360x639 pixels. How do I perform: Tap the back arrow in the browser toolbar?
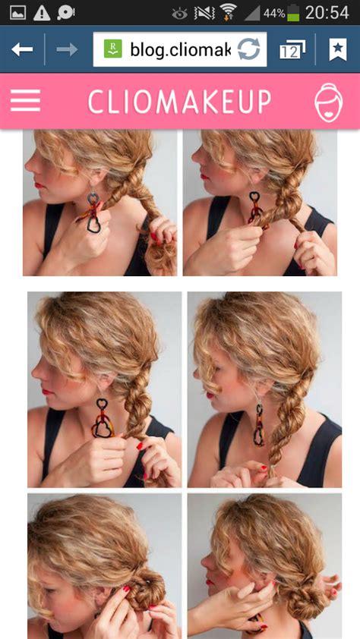coord(22,49)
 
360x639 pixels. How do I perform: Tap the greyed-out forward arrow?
coord(68,49)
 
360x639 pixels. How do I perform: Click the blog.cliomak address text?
coord(179,50)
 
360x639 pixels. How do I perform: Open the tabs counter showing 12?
coord(291,50)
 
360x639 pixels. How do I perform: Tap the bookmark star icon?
coord(337,49)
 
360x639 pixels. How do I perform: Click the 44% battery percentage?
coord(273,14)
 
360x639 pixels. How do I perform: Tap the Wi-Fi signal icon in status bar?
coord(227,12)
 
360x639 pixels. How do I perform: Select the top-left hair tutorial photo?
coord(99,203)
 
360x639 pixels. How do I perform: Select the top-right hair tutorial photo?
coord(260,203)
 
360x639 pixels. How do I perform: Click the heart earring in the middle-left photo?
coord(101,421)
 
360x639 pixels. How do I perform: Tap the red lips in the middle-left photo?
coord(48,392)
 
